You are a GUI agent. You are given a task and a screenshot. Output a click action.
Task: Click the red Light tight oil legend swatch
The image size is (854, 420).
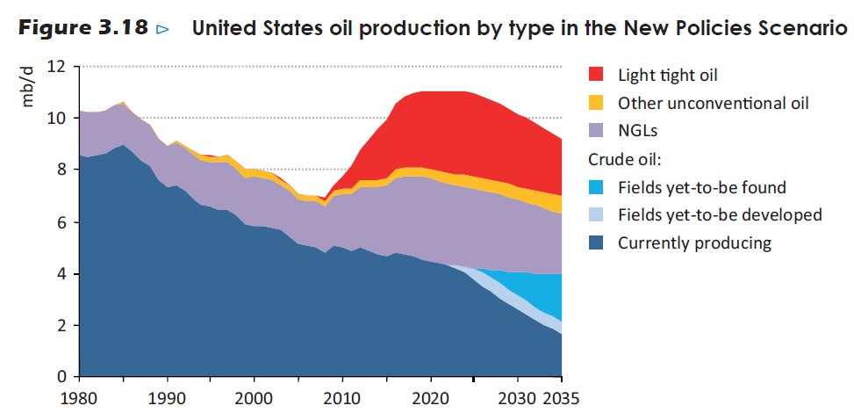point(596,74)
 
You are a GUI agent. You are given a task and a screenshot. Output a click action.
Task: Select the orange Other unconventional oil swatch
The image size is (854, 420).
point(596,103)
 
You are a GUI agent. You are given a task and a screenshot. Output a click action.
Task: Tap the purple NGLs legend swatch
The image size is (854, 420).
point(596,131)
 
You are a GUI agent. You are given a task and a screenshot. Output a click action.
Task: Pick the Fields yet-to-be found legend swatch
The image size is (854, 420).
point(596,187)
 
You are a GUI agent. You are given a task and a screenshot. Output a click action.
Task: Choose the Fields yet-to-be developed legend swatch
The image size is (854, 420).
point(596,215)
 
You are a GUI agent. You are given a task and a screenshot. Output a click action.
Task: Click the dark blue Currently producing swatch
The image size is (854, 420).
point(596,243)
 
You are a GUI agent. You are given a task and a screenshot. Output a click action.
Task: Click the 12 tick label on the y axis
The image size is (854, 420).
point(56,67)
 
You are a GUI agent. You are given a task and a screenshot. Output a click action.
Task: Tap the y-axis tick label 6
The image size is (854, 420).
point(61,222)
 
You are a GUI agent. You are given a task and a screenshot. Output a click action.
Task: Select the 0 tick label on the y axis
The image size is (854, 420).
point(61,377)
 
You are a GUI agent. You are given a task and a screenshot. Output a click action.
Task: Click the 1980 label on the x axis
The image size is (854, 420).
point(80,398)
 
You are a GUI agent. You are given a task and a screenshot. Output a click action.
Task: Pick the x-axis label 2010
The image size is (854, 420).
point(343,398)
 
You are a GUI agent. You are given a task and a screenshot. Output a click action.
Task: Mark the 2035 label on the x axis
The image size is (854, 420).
point(561,398)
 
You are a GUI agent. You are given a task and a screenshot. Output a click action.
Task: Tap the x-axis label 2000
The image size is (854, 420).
point(255,398)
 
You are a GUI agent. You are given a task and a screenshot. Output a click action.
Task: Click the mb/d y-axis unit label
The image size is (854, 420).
point(28,86)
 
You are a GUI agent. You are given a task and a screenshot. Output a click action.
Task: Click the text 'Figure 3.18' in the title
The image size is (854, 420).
point(83,28)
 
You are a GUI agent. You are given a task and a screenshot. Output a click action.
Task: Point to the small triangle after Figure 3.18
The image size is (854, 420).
point(162,29)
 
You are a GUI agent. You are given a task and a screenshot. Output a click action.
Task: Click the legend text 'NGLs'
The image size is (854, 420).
point(638,131)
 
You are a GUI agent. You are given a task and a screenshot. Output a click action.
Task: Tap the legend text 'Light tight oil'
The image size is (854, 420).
point(667,75)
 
